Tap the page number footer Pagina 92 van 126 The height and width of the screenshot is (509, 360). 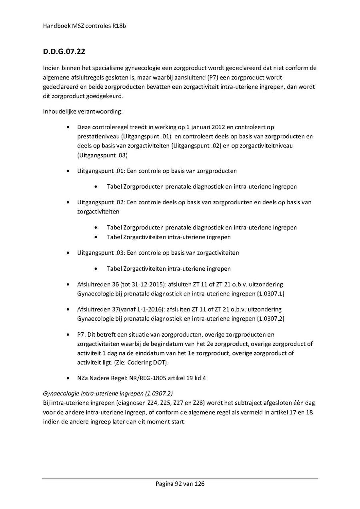click(x=180, y=484)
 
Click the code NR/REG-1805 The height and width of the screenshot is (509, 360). click(x=147, y=378)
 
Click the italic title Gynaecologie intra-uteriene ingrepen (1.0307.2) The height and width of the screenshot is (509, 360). click(x=108, y=393)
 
